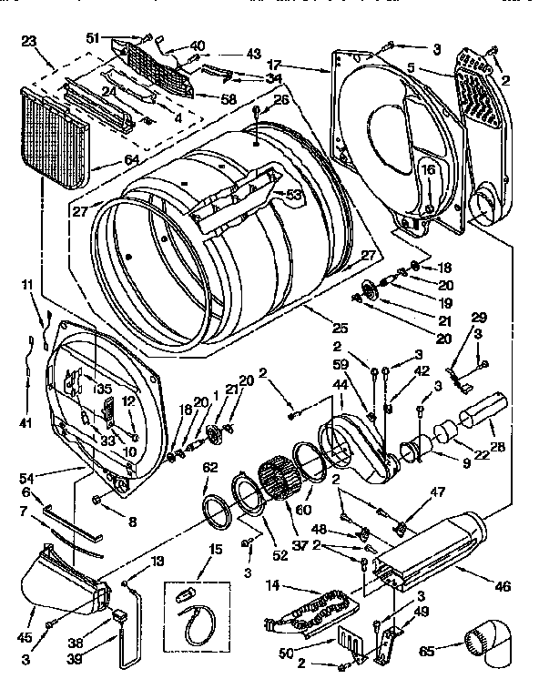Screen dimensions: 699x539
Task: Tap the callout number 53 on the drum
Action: coord(294,194)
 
